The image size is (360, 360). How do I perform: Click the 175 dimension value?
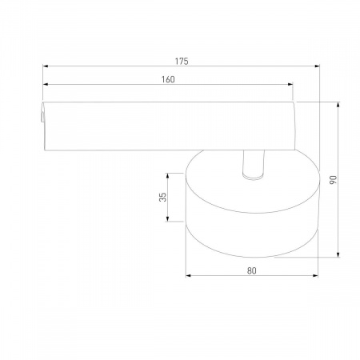182,62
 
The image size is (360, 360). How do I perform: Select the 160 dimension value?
168,79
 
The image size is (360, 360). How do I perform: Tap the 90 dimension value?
334,180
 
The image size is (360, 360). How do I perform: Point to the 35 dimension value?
162,197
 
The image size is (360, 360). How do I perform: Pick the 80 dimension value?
252,271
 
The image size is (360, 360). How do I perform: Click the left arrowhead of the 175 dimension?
46,66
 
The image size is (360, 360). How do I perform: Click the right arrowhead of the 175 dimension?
317,66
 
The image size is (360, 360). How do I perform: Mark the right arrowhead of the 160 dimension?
290,84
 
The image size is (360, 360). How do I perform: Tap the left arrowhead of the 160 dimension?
46,84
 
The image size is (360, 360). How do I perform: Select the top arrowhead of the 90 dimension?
338,105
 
